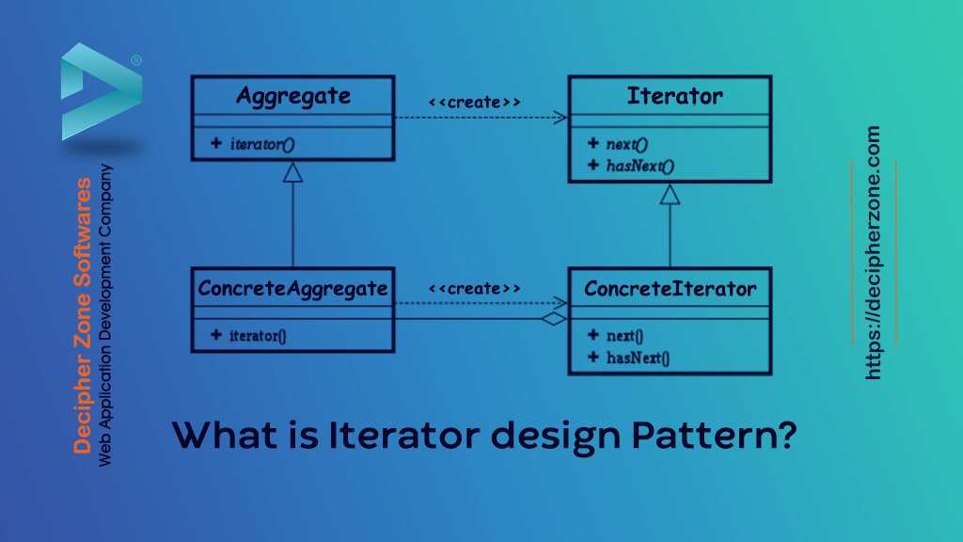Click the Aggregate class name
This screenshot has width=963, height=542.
click(292, 96)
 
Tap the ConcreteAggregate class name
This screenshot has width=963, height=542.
click(292, 288)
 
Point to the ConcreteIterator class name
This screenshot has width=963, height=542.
click(670, 288)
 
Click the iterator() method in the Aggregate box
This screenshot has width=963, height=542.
click(262, 144)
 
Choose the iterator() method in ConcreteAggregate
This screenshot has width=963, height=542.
click(258, 335)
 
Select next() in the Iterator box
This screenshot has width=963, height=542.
click(627, 144)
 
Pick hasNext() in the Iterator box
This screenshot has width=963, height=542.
click(640, 166)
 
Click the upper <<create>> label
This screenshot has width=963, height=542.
click(474, 101)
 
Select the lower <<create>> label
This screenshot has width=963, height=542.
click(474, 288)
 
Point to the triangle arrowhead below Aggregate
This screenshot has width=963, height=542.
click(292, 172)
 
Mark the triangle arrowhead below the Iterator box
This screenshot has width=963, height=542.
click(670, 194)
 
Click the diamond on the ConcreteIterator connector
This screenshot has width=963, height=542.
click(555, 320)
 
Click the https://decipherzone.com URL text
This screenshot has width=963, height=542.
click(874, 253)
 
